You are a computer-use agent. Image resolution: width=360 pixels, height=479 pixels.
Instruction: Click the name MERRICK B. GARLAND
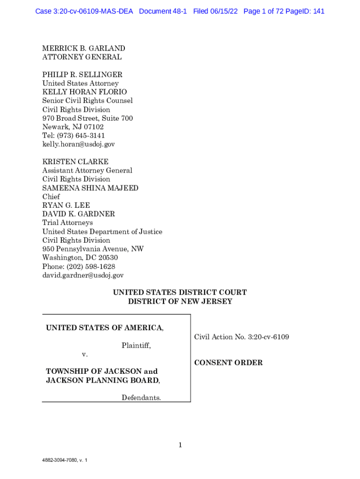click(x=84, y=48)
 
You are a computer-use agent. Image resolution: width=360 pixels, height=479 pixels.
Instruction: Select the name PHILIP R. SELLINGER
click(x=82, y=75)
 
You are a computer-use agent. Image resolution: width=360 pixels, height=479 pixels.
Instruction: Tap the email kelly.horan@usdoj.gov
click(x=79, y=145)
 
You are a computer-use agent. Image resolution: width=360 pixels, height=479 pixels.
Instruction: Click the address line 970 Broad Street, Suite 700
click(x=87, y=118)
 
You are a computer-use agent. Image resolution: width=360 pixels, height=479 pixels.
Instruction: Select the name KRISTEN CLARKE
click(x=75, y=162)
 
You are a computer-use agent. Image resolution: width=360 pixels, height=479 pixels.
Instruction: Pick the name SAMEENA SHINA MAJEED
click(x=90, y=188)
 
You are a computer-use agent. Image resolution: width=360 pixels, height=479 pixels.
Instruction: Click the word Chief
click(x=51, y=197)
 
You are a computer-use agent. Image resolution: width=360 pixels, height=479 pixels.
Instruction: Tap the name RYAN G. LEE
click(x=66, y=205)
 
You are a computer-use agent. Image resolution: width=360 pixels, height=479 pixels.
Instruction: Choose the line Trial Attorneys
click(x=67, y=223)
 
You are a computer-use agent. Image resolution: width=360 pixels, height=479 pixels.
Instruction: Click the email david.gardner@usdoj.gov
click(x=83, y=276)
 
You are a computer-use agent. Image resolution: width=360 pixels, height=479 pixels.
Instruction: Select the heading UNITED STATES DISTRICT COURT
click(x=180, y=293)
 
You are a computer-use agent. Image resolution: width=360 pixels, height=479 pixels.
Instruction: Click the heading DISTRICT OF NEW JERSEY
click(x=180, y=302)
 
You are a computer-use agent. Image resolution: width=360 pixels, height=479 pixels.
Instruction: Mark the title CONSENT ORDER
click(x=228, y=363)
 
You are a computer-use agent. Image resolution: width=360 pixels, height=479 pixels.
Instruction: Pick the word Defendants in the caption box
click(x=141, y=398)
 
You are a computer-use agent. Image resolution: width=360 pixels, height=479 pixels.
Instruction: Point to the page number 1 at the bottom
click(x=180, y=445)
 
